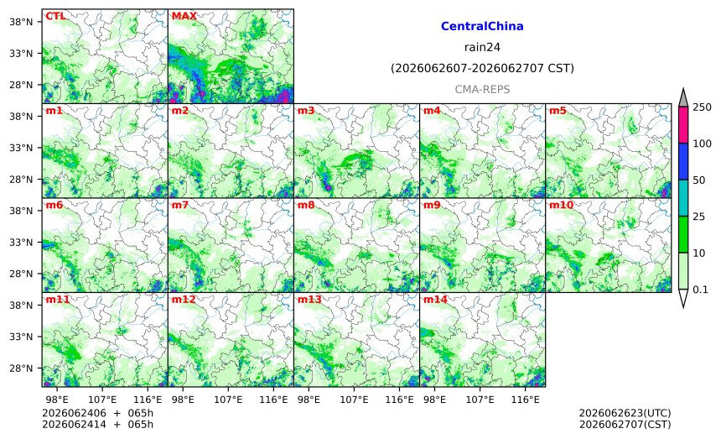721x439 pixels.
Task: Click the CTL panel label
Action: [x=55, y=16]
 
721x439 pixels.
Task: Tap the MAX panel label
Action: [x=184, y=16]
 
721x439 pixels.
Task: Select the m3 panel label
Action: [x=306, y=111]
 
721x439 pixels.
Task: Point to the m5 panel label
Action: [x=558, y=111]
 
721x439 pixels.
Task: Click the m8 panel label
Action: [x=306, y=205]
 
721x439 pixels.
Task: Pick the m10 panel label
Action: [x=561, y=205]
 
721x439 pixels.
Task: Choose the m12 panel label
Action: [x=184, y=299]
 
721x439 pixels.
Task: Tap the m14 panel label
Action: [x=435, y=299]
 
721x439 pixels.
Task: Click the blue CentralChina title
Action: [x=482, y=26]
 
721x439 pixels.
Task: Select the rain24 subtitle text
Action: [x=482, y=47]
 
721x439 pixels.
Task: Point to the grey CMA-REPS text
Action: [x=482, y=89]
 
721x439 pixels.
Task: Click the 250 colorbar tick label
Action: [x=703, y=107]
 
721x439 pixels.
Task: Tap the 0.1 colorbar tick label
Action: [x=700, y=290]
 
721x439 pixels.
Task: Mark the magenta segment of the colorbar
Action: [x=683, y=125]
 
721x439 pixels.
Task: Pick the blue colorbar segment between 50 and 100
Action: [x=683, y=161]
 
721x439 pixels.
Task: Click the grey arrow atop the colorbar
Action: [x=683, y=98]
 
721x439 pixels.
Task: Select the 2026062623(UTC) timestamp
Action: [x=625, y=413]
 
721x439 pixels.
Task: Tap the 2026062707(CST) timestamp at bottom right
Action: [x=625, y=424]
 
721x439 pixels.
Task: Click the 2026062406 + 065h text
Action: [x=97, y=413]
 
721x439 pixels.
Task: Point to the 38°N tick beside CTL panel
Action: [x=21, y=22]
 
